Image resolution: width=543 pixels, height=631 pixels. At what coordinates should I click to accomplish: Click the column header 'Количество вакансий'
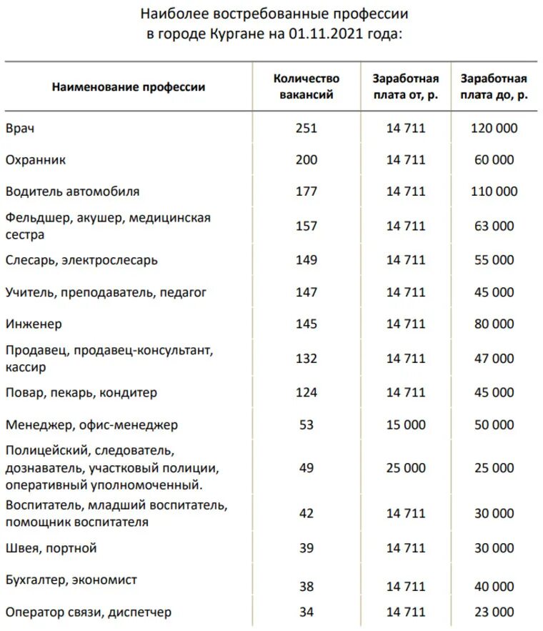point(307,86)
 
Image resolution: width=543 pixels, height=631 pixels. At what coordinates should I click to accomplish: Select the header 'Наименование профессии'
point(129,87)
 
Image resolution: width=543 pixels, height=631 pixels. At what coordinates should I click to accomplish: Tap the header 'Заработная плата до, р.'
point(494,86)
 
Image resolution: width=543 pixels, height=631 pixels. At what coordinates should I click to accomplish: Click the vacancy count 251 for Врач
point(307,129)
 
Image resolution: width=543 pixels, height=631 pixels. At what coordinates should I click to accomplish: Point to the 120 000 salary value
point(494,129)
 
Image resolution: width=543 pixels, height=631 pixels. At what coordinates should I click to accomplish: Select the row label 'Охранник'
point(36,160)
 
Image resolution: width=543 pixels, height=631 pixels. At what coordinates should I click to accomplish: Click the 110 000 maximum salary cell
point(494,192)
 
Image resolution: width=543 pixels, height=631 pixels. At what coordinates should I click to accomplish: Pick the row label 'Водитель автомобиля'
point(72,192)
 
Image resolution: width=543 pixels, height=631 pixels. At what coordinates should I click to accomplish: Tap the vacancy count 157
point(307,226)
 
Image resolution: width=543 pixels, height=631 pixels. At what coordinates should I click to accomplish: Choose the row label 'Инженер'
point(34,324)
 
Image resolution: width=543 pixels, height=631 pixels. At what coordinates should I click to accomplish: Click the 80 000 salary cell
point(494,324)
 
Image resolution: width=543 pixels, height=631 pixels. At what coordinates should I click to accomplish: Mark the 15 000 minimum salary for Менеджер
point(405,425)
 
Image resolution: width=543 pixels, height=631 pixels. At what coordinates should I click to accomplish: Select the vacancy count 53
point(307,425)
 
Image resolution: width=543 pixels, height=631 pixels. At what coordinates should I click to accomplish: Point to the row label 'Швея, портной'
point(51,548)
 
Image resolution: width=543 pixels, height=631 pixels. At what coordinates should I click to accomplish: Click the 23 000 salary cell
point(494,612)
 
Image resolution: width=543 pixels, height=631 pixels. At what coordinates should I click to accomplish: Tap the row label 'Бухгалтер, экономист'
point(71,580)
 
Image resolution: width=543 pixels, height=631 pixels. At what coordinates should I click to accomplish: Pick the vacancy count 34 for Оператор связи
point(307,612)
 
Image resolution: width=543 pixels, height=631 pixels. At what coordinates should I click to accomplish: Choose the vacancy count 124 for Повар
point(307,392)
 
